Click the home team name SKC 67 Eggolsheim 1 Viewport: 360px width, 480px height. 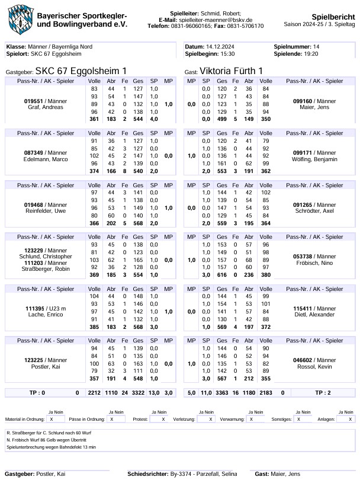coord(81,71)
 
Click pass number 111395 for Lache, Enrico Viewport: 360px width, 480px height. coord(36,309)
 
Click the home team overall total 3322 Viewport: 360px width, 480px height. coord(138,392)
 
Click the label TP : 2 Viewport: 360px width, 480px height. coord(323,392)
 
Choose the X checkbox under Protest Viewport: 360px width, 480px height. coord(163,418)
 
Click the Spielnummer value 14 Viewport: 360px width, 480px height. coord(316,46)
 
